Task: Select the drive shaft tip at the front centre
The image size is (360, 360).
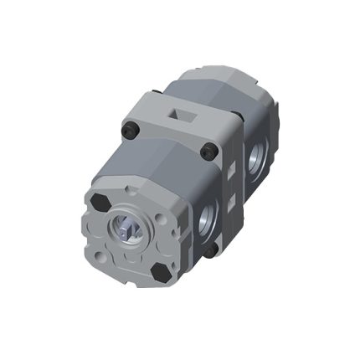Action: (131, 229)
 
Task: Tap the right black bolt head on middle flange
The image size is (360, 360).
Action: (209, 151)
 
